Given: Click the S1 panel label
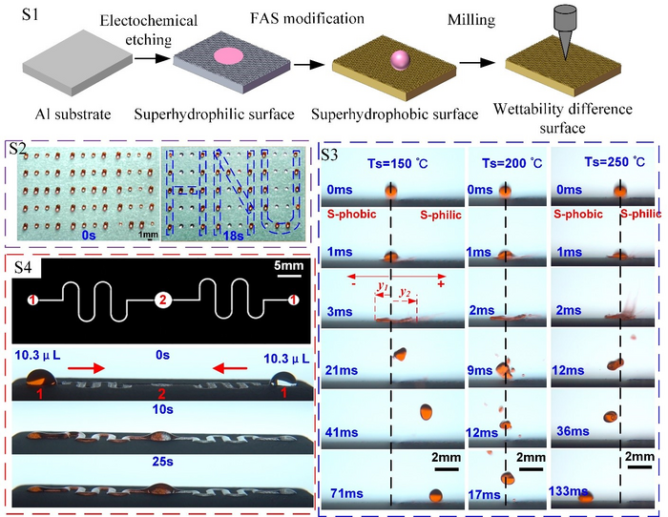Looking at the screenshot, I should [x=23, y=17].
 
